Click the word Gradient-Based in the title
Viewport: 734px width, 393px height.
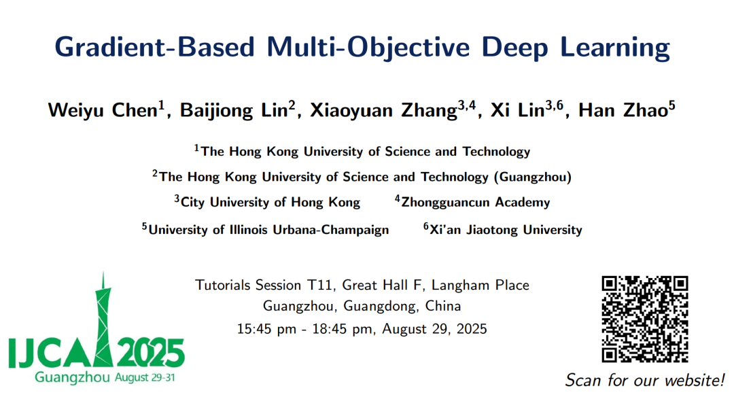pyautogui.click(x=154, y=48)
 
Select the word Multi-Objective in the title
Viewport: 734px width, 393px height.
pyautogui.click(x=368, y=48)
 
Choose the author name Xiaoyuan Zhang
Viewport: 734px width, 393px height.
pyautogui.click(x=383, y=111)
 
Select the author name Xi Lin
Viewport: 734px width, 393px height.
pyautogui.click(x=518, y=110)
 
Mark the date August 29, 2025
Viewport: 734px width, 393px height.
pyautogui.click(x=434, y=329)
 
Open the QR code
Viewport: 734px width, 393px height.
pyautogui.click(x=644, y=319)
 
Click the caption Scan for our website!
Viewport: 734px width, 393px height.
pyautogui.click(x=644, y=379)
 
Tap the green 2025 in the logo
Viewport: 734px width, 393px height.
pyautogui.click(x=150, y=353)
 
